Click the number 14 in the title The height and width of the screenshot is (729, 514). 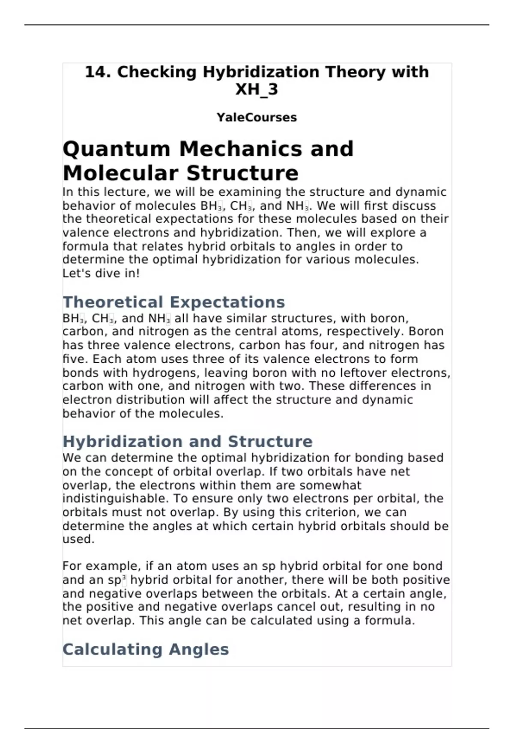click(x=95, y=72)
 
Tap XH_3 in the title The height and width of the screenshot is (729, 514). click(x=257, y=89)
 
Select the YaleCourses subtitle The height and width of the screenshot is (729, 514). click(x=257, y=117)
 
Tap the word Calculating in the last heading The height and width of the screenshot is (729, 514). click(x=112, y=650)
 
